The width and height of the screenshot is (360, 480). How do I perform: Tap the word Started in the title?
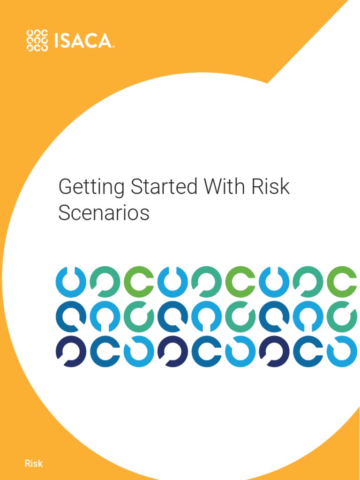click(x=164, y=187)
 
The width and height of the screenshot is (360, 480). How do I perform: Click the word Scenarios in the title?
click(x=104, y=213)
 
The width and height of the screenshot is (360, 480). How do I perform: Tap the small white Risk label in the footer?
click(x=33, y=464)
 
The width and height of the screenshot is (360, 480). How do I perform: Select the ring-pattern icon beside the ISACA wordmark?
click(x=37, y=40)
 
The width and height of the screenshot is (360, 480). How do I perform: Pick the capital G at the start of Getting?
click(x=66, y=187)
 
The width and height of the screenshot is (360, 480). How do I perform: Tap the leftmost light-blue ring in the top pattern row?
click(x=71, y=281)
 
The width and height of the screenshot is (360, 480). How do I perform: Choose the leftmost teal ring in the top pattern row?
click(x=105, y=281)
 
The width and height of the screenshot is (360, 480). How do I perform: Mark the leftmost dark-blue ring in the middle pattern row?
click(x=71, y=316)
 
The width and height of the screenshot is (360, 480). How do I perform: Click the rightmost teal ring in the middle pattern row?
click(x=342, y=316)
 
